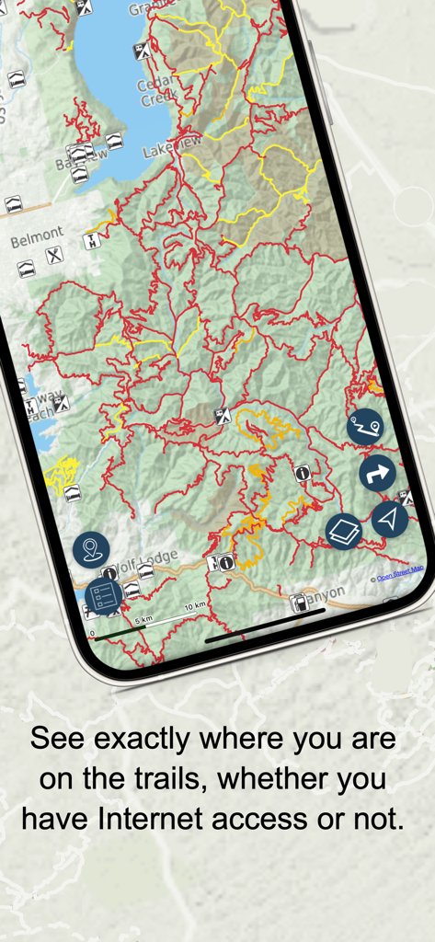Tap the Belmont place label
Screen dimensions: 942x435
(x=37, y=236)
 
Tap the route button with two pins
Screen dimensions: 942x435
(x=365, y=427)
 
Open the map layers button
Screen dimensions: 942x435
(x=344, y=532)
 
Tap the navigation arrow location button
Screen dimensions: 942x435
(x=390, y=519)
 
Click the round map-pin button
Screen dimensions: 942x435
(x=91, y=550)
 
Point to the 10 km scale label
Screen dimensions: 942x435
(x=194, y=606)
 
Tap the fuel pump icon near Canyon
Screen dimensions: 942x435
(x=297, y=603)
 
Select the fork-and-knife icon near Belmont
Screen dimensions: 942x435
(x=55, y=255)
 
